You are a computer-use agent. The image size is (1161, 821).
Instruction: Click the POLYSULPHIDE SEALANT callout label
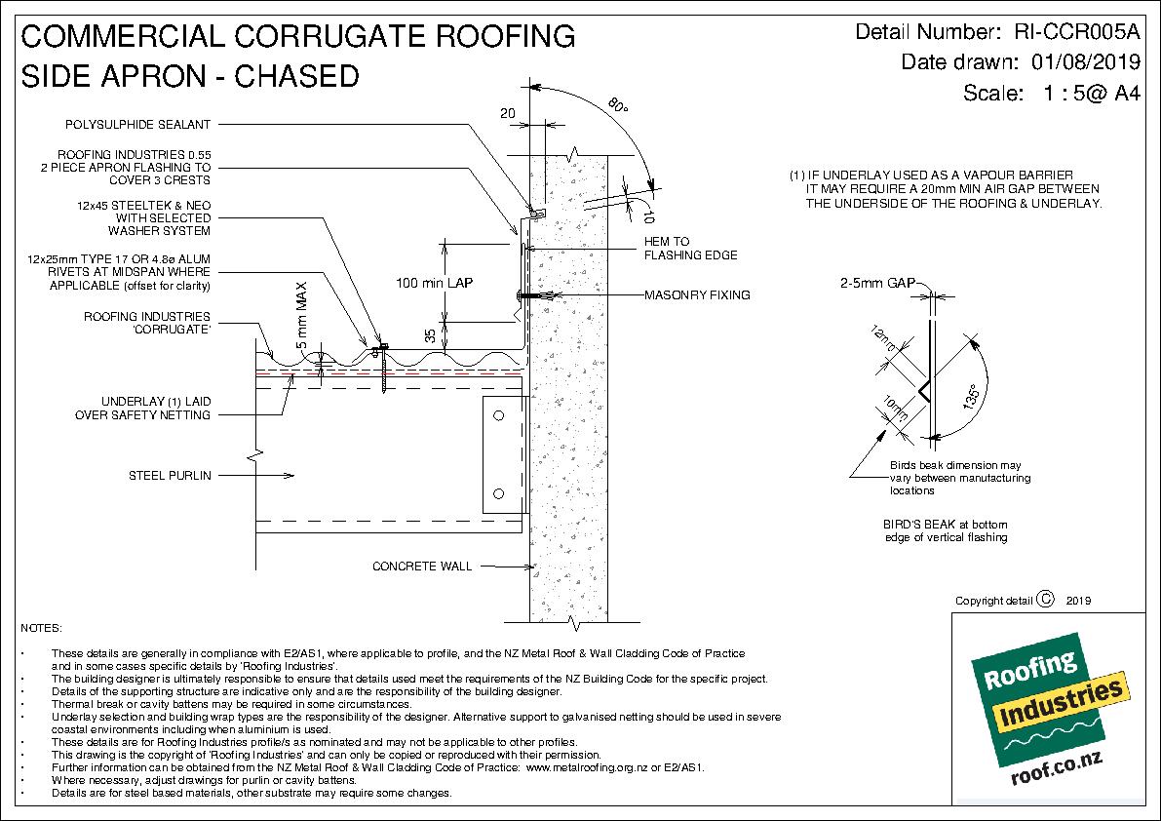138,124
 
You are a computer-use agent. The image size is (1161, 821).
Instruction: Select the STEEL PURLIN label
171,476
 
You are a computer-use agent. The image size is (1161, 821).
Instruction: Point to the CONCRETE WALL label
422,566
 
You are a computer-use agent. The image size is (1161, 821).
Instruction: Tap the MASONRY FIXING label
697,294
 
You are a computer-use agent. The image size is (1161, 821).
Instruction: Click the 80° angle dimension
616,104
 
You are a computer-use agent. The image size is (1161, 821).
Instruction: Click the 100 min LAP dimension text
435,283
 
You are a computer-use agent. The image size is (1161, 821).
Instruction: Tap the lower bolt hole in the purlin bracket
498,491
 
